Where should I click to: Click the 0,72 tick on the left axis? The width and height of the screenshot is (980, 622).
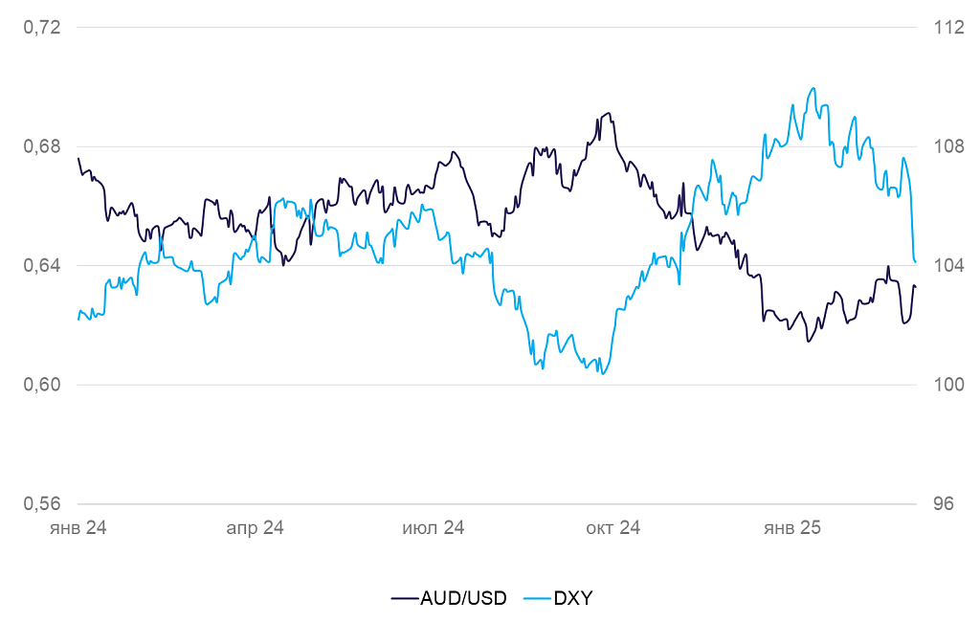[x=42, y=28]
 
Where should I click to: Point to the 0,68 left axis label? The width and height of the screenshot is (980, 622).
[x=42, y=146]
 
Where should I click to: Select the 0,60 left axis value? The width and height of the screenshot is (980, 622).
[x=42, y=385]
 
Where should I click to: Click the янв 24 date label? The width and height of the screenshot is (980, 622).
[x=78, y=528]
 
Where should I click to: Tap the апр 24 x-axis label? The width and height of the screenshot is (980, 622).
[x=255, y=528]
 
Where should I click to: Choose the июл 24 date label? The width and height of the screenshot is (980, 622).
[x=434, y=528]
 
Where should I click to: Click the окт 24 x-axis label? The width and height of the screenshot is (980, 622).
[x=612, y=528]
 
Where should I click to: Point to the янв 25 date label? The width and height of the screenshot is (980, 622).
[x=791, y=528]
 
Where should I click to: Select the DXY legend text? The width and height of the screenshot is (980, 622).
[x=573, y=598]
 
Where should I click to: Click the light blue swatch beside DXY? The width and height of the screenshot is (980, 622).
[x=537, y=598]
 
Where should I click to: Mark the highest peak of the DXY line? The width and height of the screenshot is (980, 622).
[x=813, y=88]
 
